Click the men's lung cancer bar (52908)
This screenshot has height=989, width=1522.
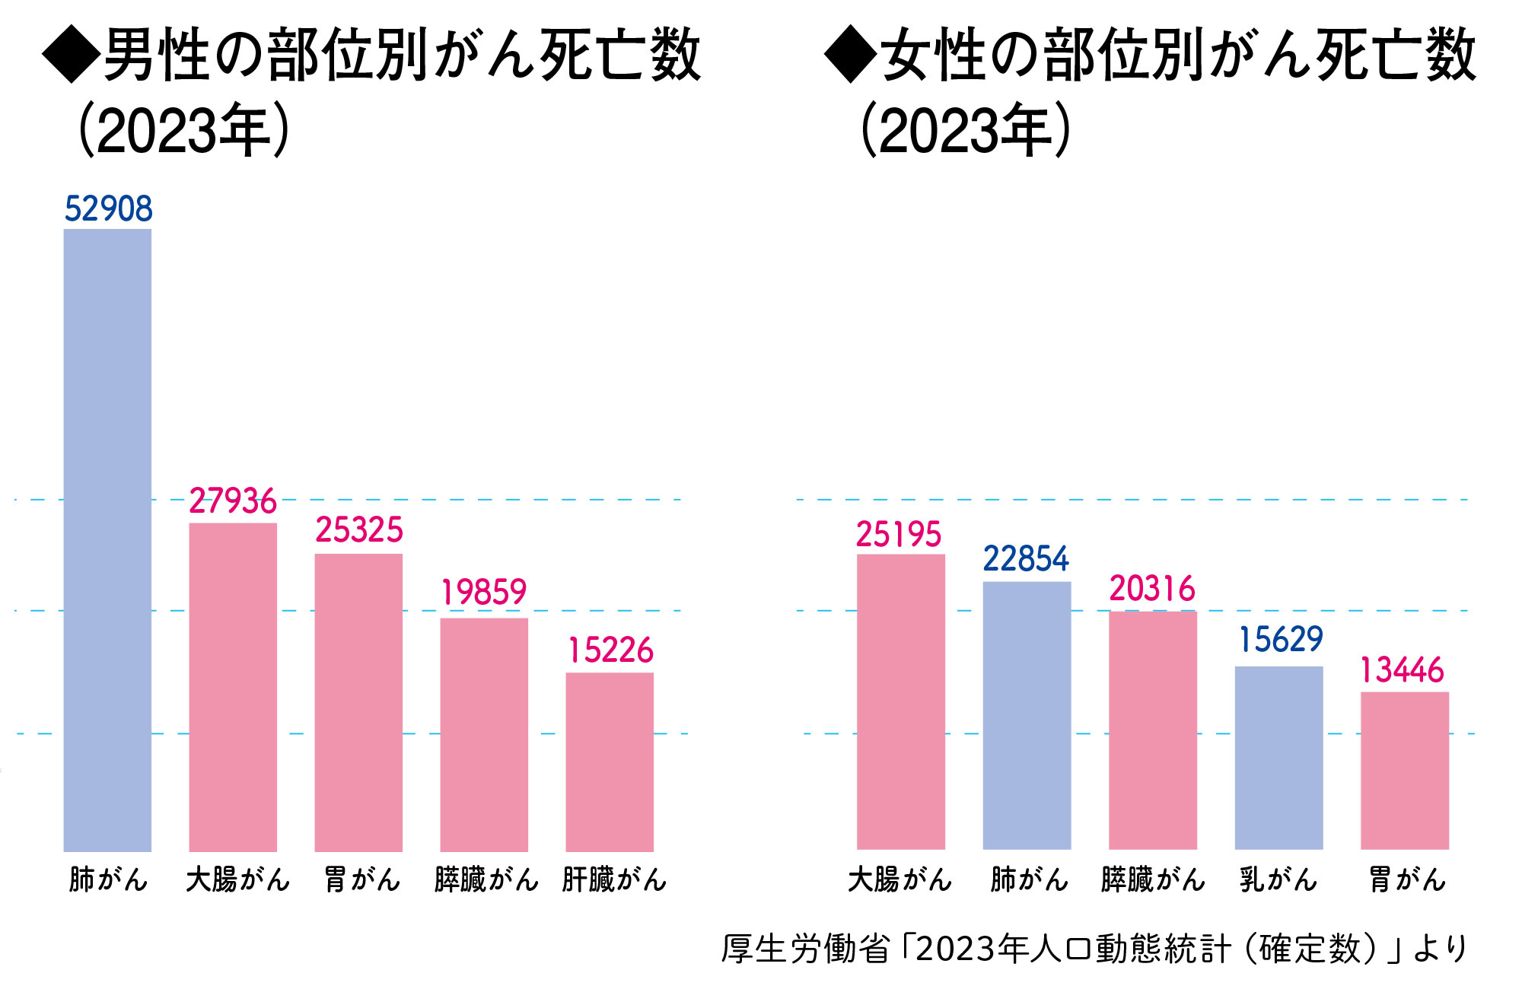click(107, 540)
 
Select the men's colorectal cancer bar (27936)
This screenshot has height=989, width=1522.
click(233, 687)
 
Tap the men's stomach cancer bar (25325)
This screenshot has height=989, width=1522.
click(358, 702)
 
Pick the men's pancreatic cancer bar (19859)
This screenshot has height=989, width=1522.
click(484, 734)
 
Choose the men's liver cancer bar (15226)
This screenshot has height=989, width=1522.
click(610, 762)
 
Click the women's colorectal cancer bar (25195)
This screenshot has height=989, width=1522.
click(901, 701)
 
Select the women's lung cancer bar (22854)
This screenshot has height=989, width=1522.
click(1027, 715)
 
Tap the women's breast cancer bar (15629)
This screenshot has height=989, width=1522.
click(1278, 758)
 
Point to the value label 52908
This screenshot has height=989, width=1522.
click(108, 209)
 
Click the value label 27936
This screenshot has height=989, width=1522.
click(233, 501)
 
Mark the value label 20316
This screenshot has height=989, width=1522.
click(1152, 589)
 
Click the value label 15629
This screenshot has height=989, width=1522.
click(1282, 640)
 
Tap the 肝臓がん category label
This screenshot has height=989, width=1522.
click(614, 880)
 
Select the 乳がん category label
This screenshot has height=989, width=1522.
click(1278, 880)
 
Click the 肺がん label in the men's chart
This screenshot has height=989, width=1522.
click(108, 880)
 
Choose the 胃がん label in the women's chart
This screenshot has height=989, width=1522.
click(1407, 880)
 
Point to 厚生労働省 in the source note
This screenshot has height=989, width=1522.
click(805, 949)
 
